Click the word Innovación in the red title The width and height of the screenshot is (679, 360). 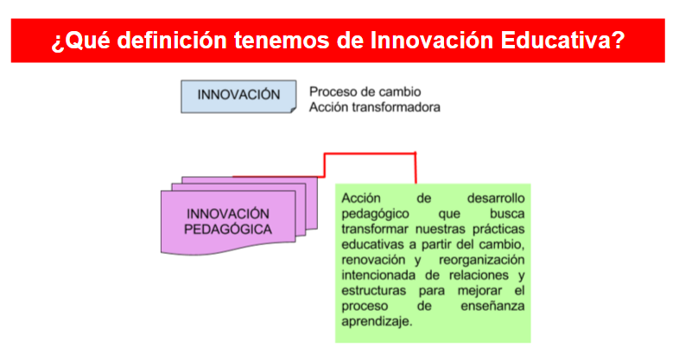pyautogui.click(x=432, y=41)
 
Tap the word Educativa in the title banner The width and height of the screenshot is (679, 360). pyautogui.click(x=562, y=41)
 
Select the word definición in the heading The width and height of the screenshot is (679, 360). pyautogui.click(x=172, y=41)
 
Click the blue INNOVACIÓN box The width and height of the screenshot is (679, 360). pyautogui.click(x=238, y=97)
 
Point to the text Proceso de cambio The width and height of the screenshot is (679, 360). pyautogui.click(x=365, y=92)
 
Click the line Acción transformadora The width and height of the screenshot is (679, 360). pyautogui.click(x=375, y=107)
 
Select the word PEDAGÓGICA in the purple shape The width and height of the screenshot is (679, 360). pyautogui.click(x=228, y=230)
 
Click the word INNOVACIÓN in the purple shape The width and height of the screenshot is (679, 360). pyautogui.click(x=228, y=213)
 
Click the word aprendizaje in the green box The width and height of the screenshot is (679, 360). pyautogui.click(x=377, y=321)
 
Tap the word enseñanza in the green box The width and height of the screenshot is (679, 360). pyautogui.click(x=492, y=306)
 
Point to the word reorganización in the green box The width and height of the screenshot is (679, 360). pyautogui.click(x=481, y=260)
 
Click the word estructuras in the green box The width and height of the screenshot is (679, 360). pyautogui.click(x=374, y=291)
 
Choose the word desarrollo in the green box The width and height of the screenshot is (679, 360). pyautogui.click(x=496, y=199)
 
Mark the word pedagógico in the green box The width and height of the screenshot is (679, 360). pyautogui.click(x=375, y=214)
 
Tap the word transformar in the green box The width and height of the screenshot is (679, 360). pyautogui.click(x=375, y=229)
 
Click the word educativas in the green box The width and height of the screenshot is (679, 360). pyautogui.click(x=373, y=244)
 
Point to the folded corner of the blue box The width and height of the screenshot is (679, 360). pyautogui.click(x=293, y=110)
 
